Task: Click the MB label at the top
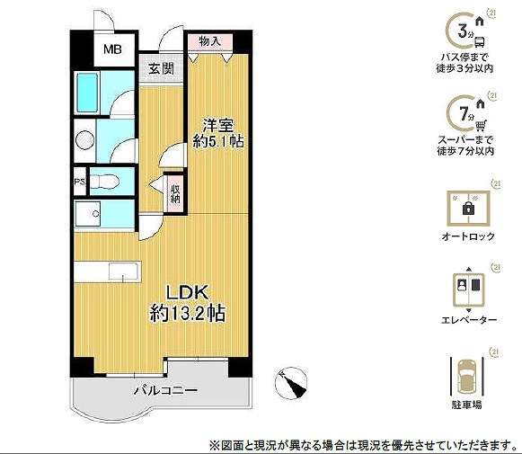112,49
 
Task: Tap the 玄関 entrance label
161,69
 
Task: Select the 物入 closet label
209,41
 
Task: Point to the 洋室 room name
218,126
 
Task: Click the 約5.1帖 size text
218,142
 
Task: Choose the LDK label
188,292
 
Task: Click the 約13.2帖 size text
188,313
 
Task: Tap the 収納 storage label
175,194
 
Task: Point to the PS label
80,182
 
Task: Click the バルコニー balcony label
165,390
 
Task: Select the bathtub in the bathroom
87,93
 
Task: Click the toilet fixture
104,182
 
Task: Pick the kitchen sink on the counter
123,272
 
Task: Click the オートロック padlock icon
468,209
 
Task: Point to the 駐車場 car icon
466,376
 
